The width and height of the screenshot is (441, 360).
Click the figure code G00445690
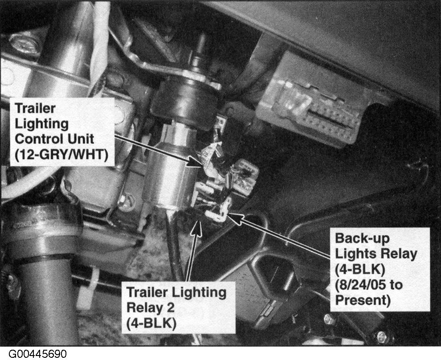pos(37,354)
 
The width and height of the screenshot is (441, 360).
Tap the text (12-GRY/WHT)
pos(61,155)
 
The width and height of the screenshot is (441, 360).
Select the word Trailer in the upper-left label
pos(35,108)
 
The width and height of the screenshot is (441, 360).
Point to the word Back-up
pos(362,239)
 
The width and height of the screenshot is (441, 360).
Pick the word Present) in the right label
pos(363,300)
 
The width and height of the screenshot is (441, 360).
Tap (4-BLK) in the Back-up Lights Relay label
pos(360,270)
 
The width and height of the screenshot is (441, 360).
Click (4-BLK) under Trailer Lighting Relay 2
pos(151,323)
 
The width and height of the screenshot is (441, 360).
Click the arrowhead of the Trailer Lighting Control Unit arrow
pos(196,163)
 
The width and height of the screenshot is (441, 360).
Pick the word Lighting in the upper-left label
pos(41,124)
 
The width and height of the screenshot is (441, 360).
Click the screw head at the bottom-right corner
pos(382,337)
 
